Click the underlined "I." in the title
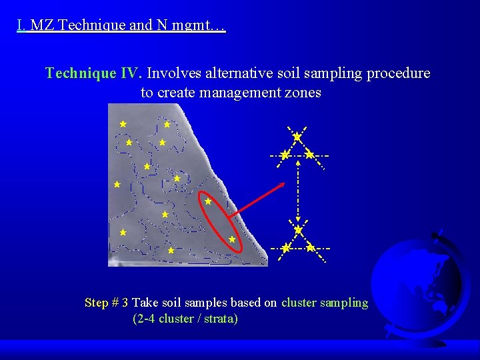[21, 26]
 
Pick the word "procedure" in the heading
[401, 73]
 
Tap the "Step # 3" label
[107, 303]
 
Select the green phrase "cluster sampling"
[325, 303]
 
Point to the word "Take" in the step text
[145, 303]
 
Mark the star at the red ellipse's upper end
[208, 201]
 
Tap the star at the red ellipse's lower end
[232, 239]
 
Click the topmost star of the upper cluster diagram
[297, 137]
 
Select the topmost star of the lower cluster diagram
[298, 229]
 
